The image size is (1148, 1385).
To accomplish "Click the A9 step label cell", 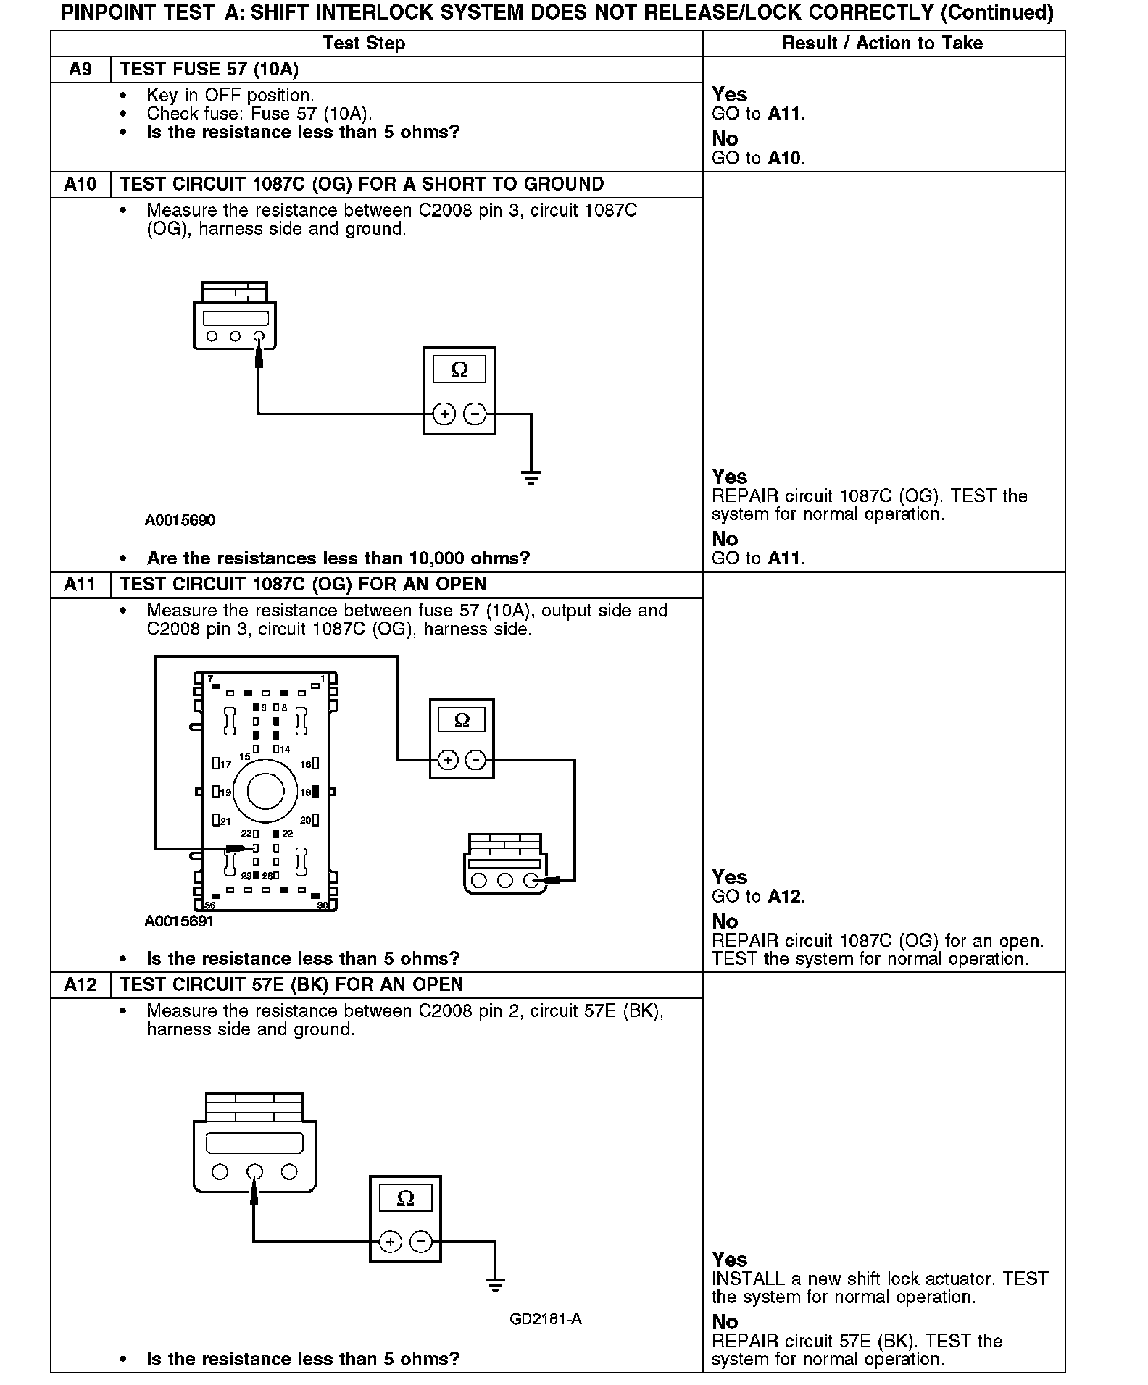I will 80,70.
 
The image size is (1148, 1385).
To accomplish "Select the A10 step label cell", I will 80,185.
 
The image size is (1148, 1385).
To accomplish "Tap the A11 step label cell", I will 80,585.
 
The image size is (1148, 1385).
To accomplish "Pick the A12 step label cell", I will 80,985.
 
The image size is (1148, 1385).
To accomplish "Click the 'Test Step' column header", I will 364,43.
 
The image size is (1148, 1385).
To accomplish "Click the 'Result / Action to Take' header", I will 882,43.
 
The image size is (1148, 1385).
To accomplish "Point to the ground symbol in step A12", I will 495,1286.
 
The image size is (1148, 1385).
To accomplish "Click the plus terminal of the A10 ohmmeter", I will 444,414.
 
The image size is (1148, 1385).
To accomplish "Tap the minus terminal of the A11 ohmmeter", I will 475,760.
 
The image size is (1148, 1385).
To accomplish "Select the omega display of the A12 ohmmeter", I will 405,1199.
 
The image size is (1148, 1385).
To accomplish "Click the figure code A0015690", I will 180,521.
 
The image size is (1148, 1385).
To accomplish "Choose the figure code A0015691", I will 179,921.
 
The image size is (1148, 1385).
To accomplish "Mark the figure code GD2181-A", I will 545,1319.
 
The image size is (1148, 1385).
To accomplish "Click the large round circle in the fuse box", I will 265,792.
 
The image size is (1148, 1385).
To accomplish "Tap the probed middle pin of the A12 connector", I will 254,1171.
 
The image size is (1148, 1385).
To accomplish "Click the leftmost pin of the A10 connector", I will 212,336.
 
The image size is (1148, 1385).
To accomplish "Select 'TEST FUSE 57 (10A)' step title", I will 209,70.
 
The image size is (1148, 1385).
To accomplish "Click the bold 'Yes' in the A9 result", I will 729,95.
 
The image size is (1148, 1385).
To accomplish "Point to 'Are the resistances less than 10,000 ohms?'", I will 338,558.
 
